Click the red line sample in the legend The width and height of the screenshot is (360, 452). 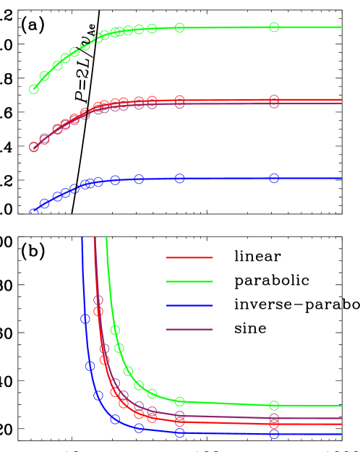pyautogui.click(x=189, y=257)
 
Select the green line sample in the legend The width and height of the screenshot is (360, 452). pyautogui.click(x=189, y=281)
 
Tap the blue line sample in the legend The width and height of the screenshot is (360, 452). pyautogui.click(x=189, y=305)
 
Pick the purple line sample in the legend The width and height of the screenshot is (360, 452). pyautogui.click(x=189, y=329)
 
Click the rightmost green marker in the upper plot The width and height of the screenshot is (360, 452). pyautogui.click(x=274, y=27)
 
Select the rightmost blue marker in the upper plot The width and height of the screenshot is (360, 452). pyautogui.click(x=274, y=178)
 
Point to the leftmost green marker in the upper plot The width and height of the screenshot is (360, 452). pyautogui.click(x=33, y=89)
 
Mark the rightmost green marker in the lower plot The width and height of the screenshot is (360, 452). pyautogui.click(x=274, y=405)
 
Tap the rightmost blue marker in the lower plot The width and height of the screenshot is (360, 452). pyautogui.click(x=274, y=434)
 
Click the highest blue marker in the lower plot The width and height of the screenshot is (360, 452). pyautogui.click(x=85, y=319)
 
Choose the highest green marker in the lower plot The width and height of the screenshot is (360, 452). pyautogui.click(x=115, y=330)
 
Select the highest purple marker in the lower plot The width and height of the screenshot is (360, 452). pyautogui.click(x=98, y=299)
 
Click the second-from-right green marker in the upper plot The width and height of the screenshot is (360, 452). pyautogui.click(x=179, y=27)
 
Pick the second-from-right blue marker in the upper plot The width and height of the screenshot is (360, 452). pyautogui.click(x=179, y=179)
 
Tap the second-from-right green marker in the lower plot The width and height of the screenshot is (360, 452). pyautogui.click(x=179, y=401)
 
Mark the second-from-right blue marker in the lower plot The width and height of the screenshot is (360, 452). pyautogui.click(x=179, y=432)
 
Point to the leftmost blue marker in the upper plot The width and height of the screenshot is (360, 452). pyautogui.click(x=33, y=213)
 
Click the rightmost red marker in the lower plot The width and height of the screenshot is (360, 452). pyautogui.click(x=274, y=425)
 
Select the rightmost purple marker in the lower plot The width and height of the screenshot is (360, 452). pyautogui.click(x=274, y=418)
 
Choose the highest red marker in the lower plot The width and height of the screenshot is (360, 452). pyautogui.click(x=98, y=311)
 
